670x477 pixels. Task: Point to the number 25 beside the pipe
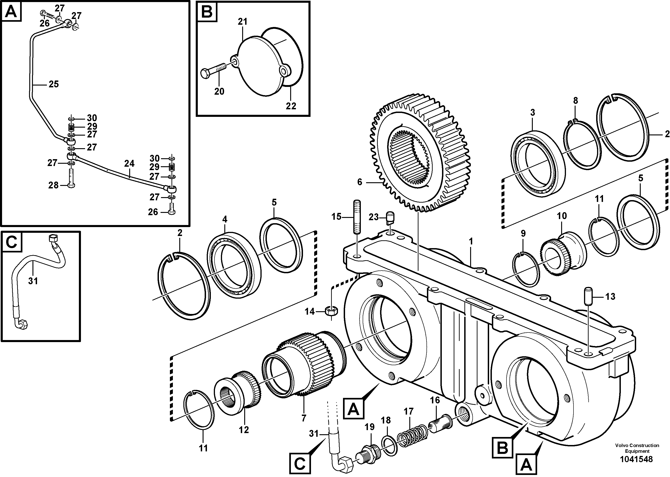[54, 84]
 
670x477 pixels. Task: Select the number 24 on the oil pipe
[129, 163]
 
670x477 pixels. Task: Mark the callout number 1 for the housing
[471, 242]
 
